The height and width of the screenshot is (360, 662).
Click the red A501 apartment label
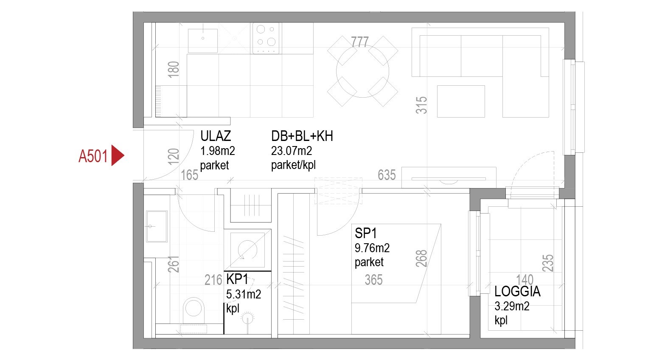tap(93, 156)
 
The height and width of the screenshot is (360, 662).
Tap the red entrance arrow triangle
tap(117, 155)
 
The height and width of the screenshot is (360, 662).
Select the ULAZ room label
tap(216, 136)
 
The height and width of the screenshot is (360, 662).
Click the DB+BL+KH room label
tap(302, 136)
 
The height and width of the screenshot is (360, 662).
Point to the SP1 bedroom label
tap(365, 233)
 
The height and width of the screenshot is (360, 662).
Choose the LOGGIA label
tap(517, 291)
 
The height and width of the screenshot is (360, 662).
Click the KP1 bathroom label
tap(237, 279)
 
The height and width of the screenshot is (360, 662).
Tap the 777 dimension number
tap(360, 42)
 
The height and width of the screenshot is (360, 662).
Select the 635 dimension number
tap(387, 175)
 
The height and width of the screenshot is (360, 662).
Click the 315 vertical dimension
tap(421, 105)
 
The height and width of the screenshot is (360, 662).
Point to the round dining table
tap(363, 71)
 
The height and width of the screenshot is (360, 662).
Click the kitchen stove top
tap(266, 39)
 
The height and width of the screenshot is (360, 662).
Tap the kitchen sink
tap(203, 41)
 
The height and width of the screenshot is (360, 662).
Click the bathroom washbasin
tap(157, 226)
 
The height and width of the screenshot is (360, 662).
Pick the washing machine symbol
tap(247, 250)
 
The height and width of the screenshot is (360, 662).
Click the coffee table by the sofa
tap(461, 101)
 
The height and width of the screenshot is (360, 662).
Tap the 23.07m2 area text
tap(292, 151)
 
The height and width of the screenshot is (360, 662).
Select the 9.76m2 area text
tap(372, 248)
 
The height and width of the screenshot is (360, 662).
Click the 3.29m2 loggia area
tap(512, 306)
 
